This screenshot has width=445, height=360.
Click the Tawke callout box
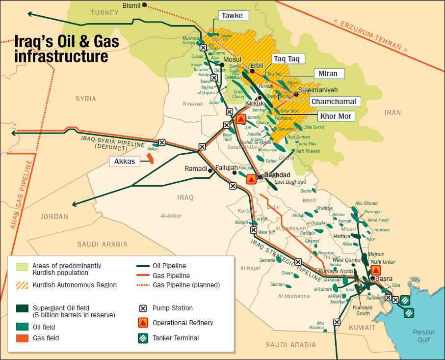coord(232,16)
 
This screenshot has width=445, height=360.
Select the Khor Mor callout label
coord(336,116)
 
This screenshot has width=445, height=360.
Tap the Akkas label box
coord(124,160)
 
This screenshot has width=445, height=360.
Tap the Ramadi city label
coord(196,168)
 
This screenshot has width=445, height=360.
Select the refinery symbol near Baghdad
coord(251,179)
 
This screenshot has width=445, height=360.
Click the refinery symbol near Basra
coord(376,270)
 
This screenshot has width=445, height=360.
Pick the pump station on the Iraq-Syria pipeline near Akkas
coord(162,142)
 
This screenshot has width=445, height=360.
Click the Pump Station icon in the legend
coord(143,308)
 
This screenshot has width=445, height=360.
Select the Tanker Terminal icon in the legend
coord(143,338)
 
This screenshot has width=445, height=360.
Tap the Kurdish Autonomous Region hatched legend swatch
coord(22,285)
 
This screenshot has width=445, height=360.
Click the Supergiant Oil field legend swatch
coord(22,308)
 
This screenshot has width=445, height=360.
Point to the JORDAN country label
coord(54,217)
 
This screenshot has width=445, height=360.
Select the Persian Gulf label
coord(423,336)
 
